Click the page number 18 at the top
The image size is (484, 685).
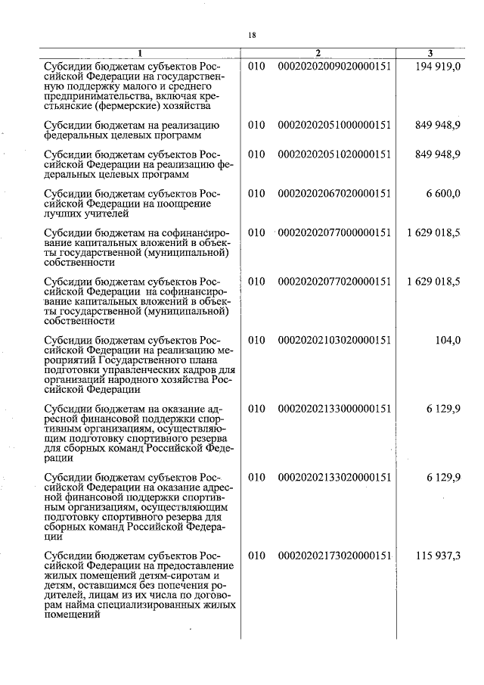pos(252,34)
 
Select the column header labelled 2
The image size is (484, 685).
pos(318,53)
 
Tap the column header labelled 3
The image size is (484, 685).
pos(430,53)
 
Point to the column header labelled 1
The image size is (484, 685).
pos(139,53)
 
